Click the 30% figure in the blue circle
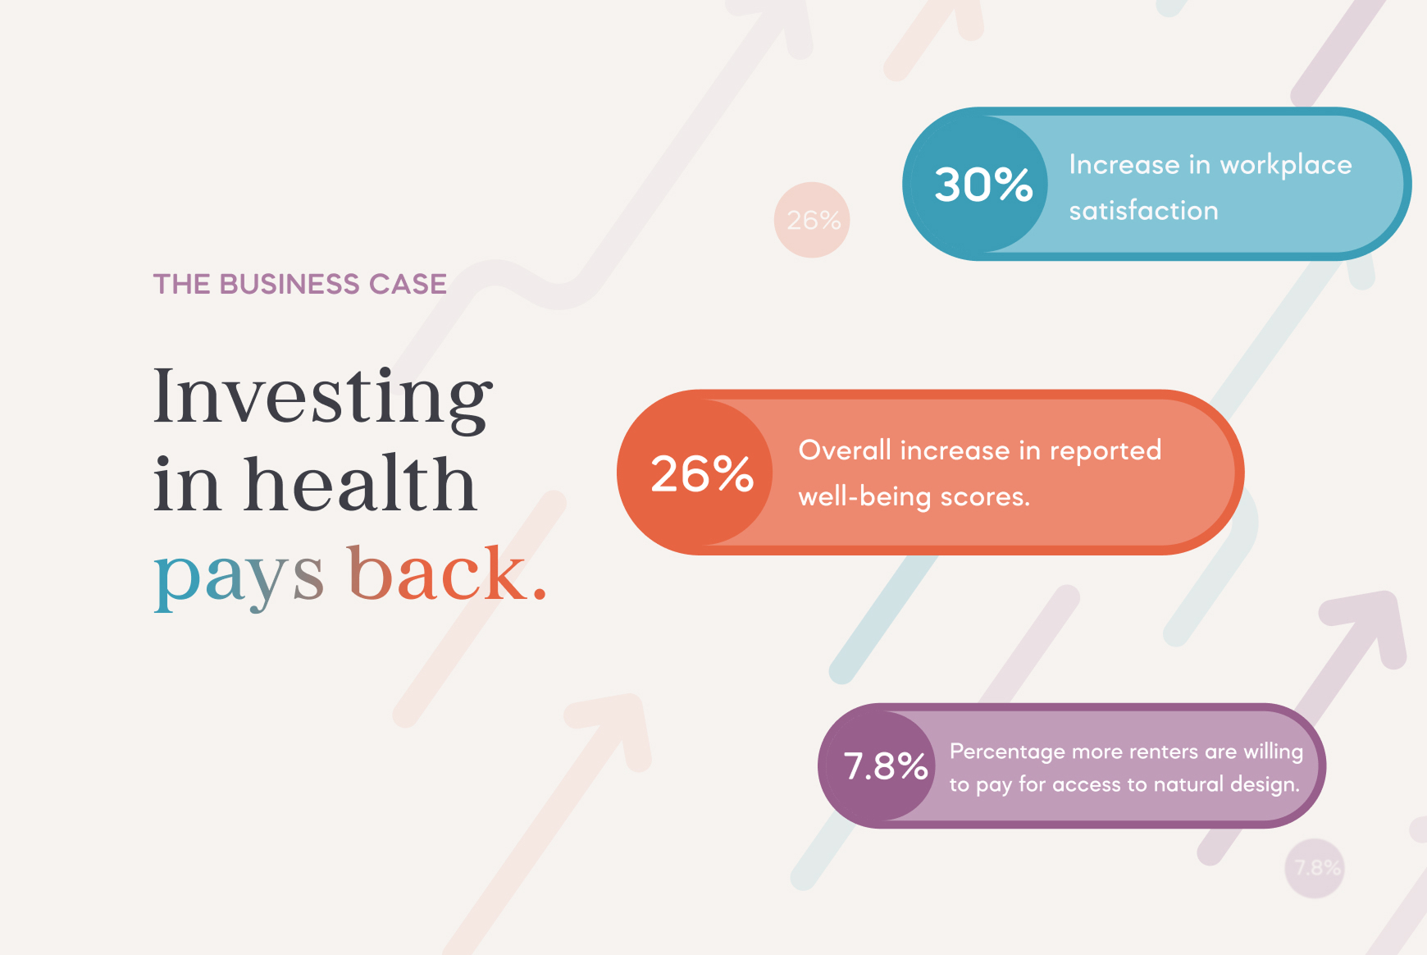pyautogui.click(x=983, y=184)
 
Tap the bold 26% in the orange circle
pyautogui.click(x=702, y=473)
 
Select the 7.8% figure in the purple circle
pyautogui.click(x=886, y=766)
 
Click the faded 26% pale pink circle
pyautogui.click(x=812, y=220)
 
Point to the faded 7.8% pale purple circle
pyautogui.click(x=1315, y=868)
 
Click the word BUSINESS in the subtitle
pyautogui.click(x=290, y=284)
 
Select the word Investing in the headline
pyautogui.click(x=323, y=397)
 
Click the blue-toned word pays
pyautogui.click(x=239, y=577)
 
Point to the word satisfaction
pyautogui.click(x=1143, y=210)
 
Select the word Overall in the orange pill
pyautogui.click(x=845, y=450)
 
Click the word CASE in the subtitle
pyautogui.click(x=408, y=284)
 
